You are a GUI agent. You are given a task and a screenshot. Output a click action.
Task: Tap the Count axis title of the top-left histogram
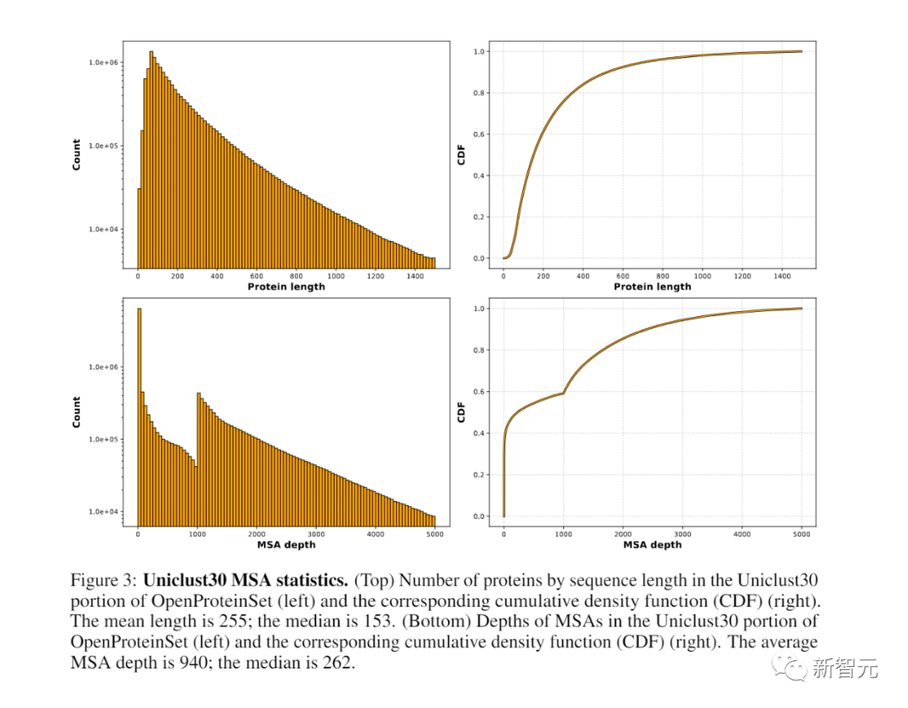point(77,155)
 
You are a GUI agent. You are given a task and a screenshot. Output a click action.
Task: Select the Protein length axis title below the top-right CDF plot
point(652,287)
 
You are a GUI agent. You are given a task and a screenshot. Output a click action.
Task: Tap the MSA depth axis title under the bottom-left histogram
point(287,545)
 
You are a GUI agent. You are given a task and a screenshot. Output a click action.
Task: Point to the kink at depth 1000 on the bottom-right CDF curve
point(563,393)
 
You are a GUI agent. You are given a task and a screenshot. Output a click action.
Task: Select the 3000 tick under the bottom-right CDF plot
point(683,533)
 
